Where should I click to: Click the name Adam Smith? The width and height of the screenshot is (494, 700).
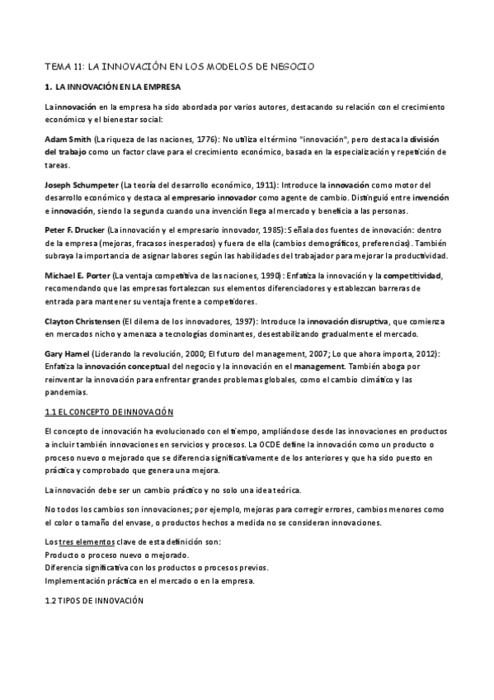tap(68, 140)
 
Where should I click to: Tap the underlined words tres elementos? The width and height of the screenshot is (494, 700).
tap(85, 541)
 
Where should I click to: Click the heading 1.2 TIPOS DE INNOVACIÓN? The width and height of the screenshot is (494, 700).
tap(94, 602)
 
